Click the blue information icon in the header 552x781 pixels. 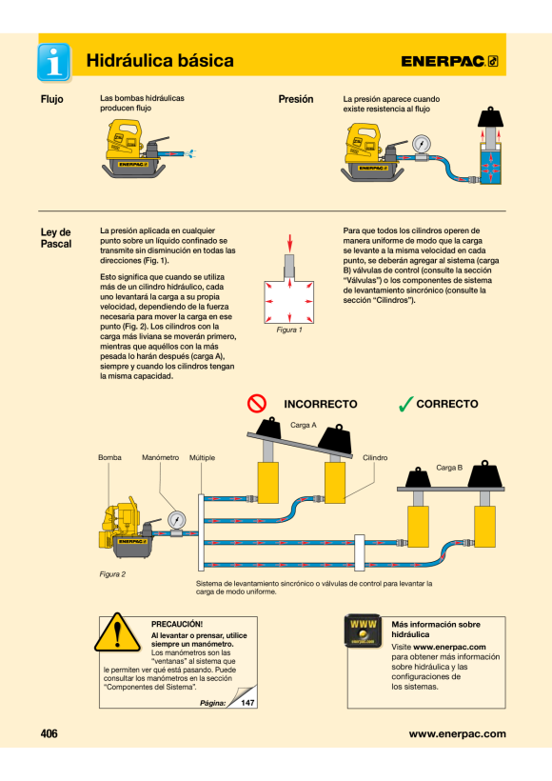coord(53,62)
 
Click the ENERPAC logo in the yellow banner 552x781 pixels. coord(449,61)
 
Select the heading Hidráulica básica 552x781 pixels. coord(160,61)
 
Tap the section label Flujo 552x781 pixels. coord(51,99)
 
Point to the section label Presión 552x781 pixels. coord(296,99)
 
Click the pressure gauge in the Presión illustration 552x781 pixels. coord(422,145)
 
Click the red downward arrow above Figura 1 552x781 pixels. coord(289,243)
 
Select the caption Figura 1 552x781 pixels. coord(289,330)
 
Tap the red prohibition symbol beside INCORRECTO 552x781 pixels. coord(257,404)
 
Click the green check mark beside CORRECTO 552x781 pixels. coord(406,404)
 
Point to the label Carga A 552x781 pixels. coord(304,425)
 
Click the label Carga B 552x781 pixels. coord(449,468)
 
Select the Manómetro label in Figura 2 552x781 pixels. coord(160,457)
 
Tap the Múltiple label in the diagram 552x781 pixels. coord(202,457)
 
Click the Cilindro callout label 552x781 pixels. coord(375,457)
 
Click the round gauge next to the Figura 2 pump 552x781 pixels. coord(177,520)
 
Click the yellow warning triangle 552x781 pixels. coord(117,632)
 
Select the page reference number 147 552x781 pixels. coord(247,703)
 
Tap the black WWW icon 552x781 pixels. coord(363,631)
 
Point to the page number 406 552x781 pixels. coord(49,733)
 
